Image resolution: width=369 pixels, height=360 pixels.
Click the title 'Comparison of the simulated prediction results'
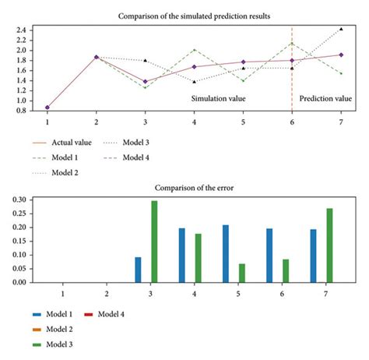(x=194, y=15)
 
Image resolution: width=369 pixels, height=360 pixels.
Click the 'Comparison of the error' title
(x=194, y=189)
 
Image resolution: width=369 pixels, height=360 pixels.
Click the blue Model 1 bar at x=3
(x=138, y=270)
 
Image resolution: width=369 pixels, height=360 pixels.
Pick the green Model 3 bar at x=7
(x=330, y=245)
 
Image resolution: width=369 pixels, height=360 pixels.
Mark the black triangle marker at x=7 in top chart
(x=340, y=30)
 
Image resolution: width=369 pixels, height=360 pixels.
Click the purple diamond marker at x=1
(x=47, y=108)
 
